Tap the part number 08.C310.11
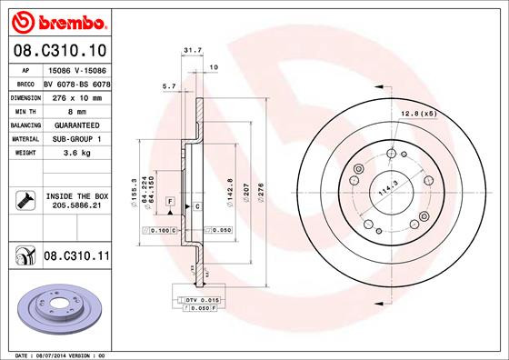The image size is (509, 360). pos(76,258)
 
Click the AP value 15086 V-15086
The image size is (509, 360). pos(77,70)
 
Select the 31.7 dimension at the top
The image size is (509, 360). pos(192,51)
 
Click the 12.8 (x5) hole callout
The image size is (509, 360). pos(417,113)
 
